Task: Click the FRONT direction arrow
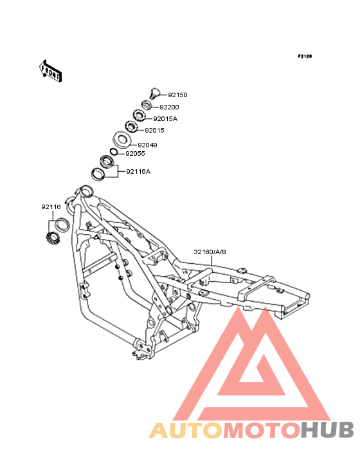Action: click(x=50, y=71)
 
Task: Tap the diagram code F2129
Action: click(x=305, y=56)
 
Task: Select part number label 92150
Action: click(x=177, y=95)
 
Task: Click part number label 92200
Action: click(x=169, y=107)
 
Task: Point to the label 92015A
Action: click(x=165, y=118)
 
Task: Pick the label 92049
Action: click(x=147, y=145)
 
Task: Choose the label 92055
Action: click(x=135, y=154)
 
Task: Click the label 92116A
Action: click(x=138, y=172)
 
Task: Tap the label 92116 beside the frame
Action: click(x=51, y=207)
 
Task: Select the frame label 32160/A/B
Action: click(x=210, y=252)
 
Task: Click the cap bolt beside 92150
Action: click(x=155, y=93)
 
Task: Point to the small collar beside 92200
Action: click(x=147, y=106)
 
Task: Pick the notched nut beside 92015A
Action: click(x=139, y=115)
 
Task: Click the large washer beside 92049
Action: click(x=122, y=140)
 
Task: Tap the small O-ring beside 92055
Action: click(x=114, y=152)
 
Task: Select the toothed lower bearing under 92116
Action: click(x=53, y=238)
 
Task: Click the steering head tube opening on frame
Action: click(x=85, y=190)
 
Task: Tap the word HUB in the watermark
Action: click(x=328, y=430)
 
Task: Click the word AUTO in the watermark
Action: click(x=186, y=430)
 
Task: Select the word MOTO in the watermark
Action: click(x=262, y=430)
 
